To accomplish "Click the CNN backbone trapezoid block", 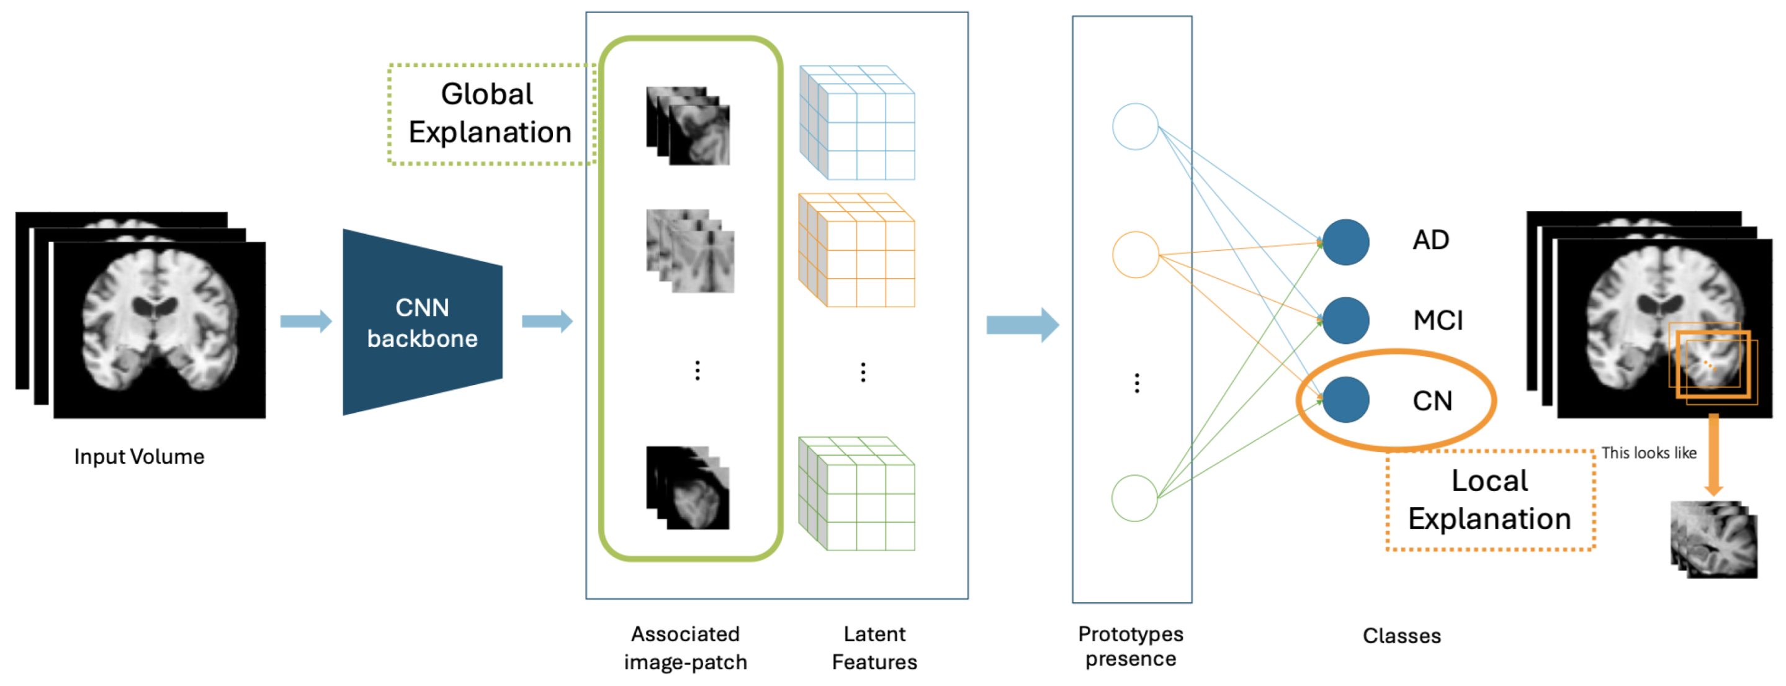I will coord(421,323).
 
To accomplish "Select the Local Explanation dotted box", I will coord(1489,500).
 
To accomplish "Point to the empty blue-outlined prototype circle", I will coord(1135,127).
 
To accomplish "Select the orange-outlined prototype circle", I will coord(1135,255).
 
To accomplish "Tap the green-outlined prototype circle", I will coord(1134,498).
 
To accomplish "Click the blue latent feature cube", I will coord(857,123).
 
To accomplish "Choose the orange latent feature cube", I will coord(857,250).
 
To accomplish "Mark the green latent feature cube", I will coord(857,494).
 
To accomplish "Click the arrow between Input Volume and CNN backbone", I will coord(306,321).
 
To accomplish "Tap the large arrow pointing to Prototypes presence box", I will coord(1023,325).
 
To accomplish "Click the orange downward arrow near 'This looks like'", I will coord(1713,454).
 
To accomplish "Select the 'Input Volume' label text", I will coord(140,456).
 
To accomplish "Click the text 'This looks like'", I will coord(1649,453).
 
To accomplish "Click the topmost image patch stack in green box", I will coord(688,126).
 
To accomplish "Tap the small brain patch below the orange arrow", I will coord(1714,539).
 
